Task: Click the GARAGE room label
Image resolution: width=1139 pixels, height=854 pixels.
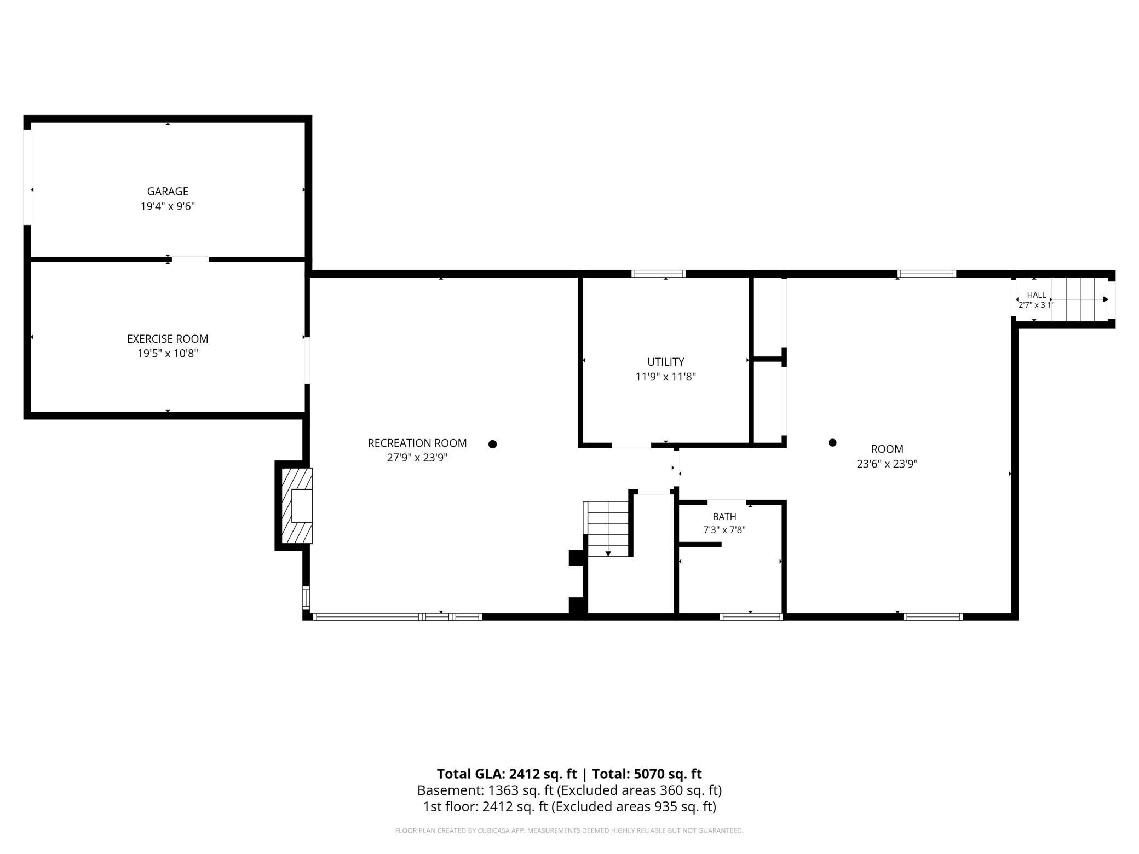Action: pyautogui.click(x=168, y=192)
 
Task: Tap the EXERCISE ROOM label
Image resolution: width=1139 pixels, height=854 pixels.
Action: pyautogui.click(x=168, y=339)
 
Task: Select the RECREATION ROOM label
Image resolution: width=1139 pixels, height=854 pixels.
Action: pyautogui.click(x=417, y=443)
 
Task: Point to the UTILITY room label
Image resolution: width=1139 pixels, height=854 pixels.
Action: pyautogui.click(x=666, y=362)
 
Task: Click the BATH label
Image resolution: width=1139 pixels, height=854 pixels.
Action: pyautogui.click(x=724, y=517)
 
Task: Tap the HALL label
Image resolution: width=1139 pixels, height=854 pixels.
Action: pyautogui.click(x=1036, y=295)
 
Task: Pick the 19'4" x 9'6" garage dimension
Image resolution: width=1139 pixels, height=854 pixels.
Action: pyautogui.click(x=168, y=206)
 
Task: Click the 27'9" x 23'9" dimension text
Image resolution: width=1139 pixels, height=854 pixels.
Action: pyautogui.click(x=417, y=458)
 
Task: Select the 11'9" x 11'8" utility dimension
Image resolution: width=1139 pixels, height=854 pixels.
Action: pyautogui.click(x=666, y=377)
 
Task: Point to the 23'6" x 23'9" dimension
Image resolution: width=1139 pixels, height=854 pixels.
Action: pyautogui.click(x=887, y=464)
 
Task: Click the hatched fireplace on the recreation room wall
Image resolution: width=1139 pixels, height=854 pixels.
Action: pyautogui.click(x=296, y=505)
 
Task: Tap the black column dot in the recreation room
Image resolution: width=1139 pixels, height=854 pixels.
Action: pyautogui.click(x=492, y=444)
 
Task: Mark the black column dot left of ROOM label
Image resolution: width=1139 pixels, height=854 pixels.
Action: pyautogui.click(x=832, y=442)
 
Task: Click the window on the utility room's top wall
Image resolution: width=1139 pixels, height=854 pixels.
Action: pyautogui.click(x=658, y=274)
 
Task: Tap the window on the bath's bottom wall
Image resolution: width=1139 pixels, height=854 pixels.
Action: pyautogui.click(x=751, y=616)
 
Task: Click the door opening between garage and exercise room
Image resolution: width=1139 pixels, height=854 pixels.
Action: pyautogui.click(x=190, y=259)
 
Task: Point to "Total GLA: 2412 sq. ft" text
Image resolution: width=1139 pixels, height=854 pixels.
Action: pyautogui.click(x=507, y=774)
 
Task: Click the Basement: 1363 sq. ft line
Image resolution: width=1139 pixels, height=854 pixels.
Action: pyautogui.click(x=569, y=790)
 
